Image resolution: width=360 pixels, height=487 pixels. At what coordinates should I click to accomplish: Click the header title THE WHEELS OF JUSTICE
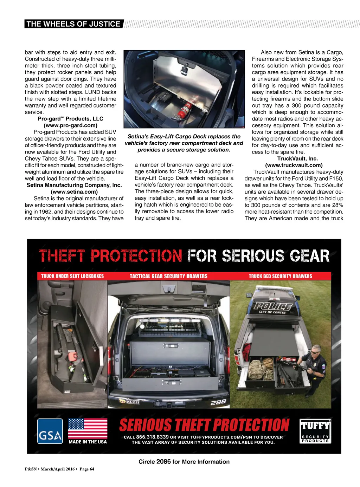click(x=73, y=24)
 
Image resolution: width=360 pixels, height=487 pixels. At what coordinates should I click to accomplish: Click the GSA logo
click(x=50, y=431)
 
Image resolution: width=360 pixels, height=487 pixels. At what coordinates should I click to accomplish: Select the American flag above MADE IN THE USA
click(x=88, y=428)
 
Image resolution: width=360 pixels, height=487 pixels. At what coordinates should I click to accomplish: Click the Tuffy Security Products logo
click(x=315, y=431)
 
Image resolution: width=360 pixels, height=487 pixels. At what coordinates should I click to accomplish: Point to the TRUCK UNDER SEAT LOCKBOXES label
click(x=72, y=276)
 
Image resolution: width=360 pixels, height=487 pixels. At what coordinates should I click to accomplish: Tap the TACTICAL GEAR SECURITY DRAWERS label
click(x=168, y=276)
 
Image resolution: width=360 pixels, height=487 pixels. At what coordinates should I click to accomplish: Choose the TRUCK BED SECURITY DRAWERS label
click(x=280, y=276)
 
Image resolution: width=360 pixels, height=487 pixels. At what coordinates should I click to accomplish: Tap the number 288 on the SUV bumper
click(x=218, y=402)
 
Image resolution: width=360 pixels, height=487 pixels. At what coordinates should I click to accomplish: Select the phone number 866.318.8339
click(x=152, y=437)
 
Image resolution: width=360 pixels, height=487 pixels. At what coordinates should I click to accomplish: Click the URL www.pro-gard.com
click(x=70, y=125)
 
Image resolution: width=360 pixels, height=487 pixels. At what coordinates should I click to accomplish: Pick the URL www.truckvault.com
click(x=294, y=165)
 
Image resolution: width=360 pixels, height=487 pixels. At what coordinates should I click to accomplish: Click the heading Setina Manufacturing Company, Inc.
click(x=74, y=185)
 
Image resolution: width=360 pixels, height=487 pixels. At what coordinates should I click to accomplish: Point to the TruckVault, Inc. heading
click(x=297, y=158)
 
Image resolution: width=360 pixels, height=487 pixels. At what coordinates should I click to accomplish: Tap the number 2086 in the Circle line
click(x=163, y=462)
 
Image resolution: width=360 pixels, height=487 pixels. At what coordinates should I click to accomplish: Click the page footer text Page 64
click(x=87, y=469)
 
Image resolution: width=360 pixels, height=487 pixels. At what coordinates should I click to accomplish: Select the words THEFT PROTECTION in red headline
click(x=110, y=256)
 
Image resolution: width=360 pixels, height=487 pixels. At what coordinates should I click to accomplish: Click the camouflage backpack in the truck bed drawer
click(x=261, y=369)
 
